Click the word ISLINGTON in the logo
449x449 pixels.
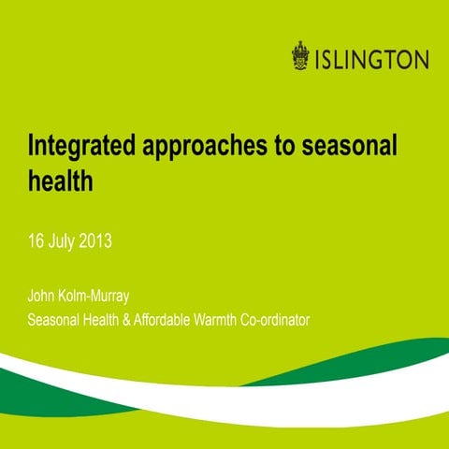pos(371,59)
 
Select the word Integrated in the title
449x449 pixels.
pos(80,147)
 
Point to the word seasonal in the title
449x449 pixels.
pos(347,147)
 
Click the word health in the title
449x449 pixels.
pos(61,181)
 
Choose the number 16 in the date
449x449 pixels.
pos(36,241)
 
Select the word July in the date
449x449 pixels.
pos(64,241)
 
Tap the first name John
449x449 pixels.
pos(42,298)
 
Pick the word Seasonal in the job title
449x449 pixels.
pos(53,321)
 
